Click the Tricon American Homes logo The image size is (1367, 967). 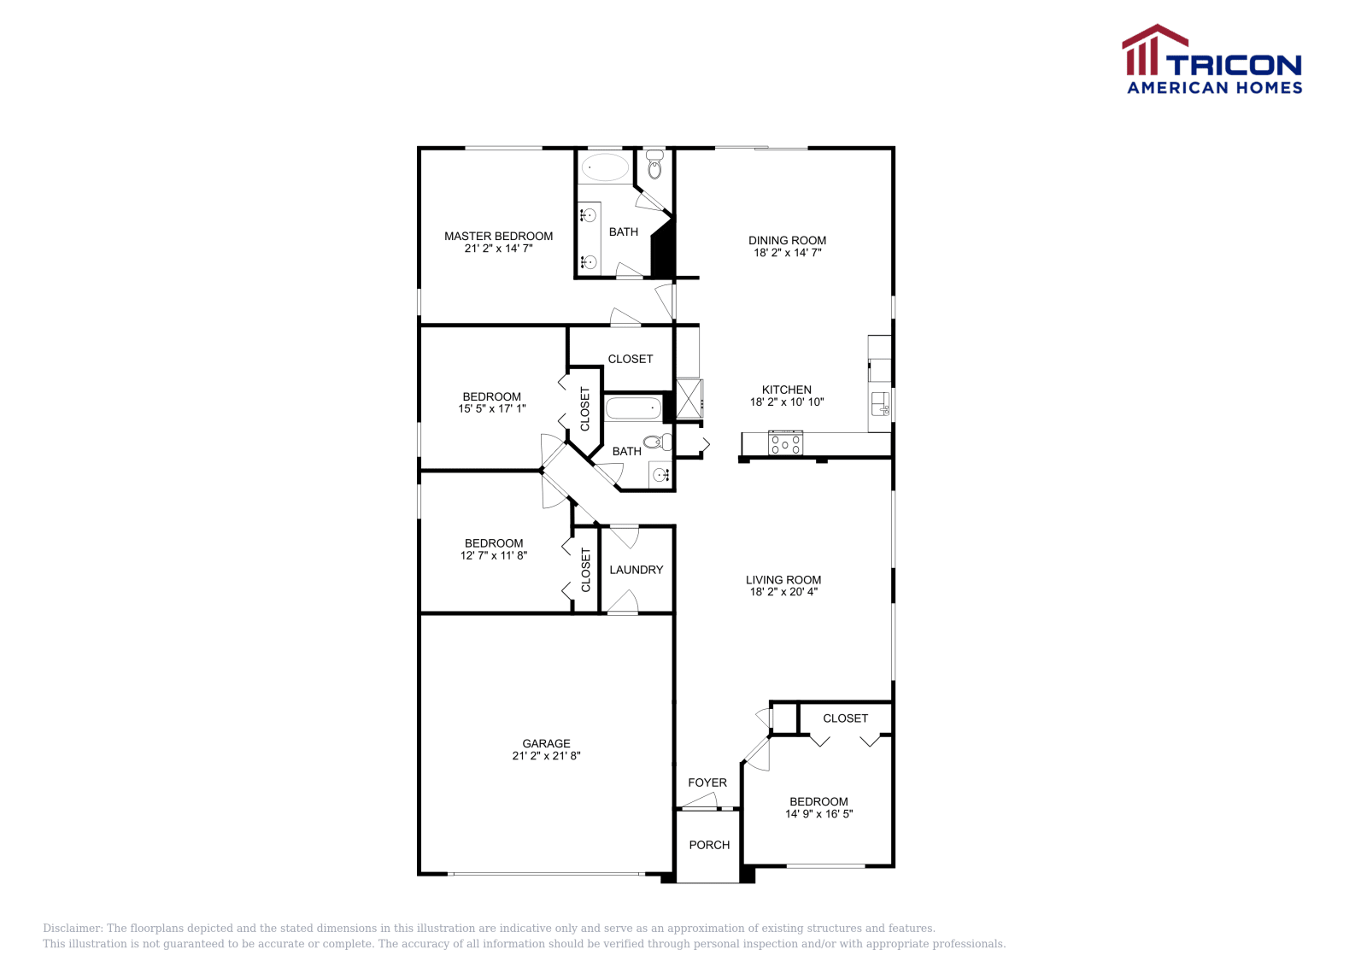point(1212,60)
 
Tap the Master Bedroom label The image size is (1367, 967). point(498,236)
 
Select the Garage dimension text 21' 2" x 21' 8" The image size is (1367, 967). point(546,756)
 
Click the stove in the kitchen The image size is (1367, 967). point(784,443)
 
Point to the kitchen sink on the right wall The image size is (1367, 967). point(880,404)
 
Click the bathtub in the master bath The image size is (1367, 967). point(605,167)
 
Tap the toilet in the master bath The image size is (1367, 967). point(654,165)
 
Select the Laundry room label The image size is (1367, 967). point(636,570)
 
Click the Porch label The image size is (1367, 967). point(709,845)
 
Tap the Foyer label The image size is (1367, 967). point(707,782)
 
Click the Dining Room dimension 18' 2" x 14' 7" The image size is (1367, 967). point(787,253)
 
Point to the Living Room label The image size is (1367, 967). point(783,579)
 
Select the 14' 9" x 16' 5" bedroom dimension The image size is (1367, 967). point(818,814)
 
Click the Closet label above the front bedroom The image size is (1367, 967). point(845,718)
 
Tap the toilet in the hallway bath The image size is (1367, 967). point(657,442)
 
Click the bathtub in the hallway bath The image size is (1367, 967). point(633,408)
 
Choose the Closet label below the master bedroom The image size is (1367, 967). point(630,359)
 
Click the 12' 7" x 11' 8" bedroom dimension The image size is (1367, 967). point(493,555)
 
